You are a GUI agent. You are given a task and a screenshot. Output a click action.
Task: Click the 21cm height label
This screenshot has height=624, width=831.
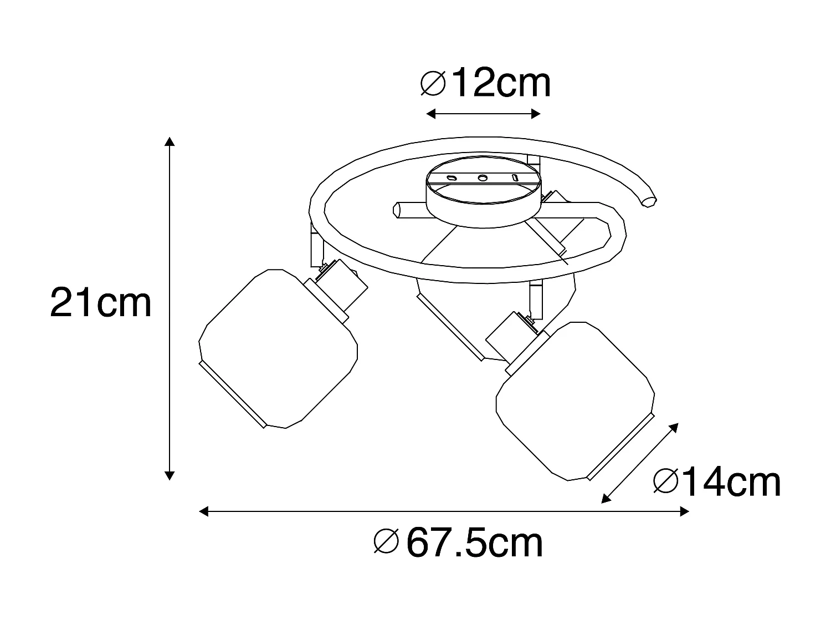click(x=101, y=302)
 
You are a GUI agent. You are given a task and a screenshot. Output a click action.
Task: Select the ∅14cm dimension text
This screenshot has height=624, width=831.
click(x=717, y=482)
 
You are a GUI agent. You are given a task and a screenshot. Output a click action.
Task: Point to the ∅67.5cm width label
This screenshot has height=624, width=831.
click(x=459, y=542)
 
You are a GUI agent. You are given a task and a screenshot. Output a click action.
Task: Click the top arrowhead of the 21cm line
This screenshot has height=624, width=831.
click(x=170, y=141)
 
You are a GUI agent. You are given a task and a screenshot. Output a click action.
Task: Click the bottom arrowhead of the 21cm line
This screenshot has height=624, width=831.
click(x=170, y=475)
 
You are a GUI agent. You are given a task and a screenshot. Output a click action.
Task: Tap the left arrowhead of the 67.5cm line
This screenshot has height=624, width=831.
click(x=204, y=511)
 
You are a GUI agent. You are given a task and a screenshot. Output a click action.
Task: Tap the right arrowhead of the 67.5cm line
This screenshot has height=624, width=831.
click(x=684, y=511)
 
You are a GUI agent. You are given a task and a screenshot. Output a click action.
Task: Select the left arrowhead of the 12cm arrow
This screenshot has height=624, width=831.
click(x=431, y=114)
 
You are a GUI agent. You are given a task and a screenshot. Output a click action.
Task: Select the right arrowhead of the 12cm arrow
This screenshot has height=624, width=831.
click(x=536, y=114)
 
